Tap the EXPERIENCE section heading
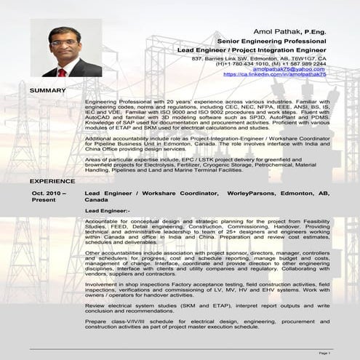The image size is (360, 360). pos(52,180)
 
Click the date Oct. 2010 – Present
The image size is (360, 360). pos(49,196)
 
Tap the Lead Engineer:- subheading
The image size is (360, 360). pos(108,210)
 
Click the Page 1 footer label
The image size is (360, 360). pos(324,352)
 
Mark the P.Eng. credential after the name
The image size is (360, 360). pos(313,33)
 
